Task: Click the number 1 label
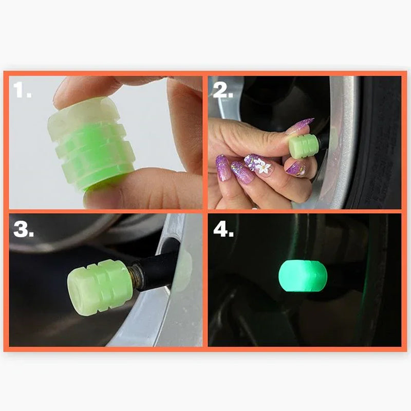22,90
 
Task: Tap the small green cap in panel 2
300,145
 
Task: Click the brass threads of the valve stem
137,274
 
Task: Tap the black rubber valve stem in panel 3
159,267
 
